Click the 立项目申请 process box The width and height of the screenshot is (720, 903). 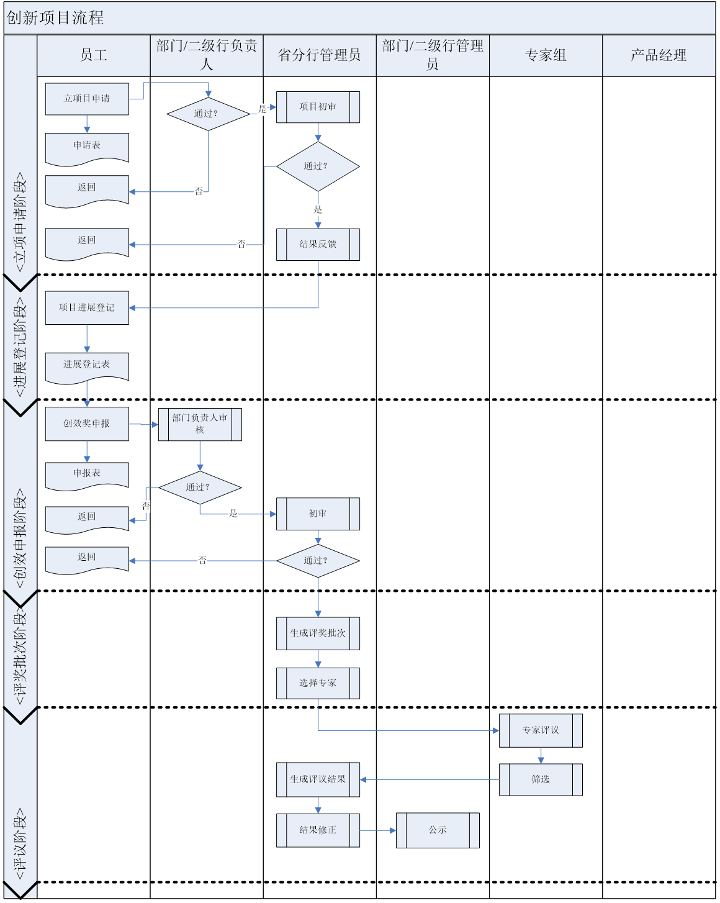coord(87,99)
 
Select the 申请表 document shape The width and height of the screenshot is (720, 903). coord(87,147)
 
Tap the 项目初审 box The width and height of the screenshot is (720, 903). coord(318,107)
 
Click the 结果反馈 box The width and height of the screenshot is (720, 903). coord(318,245)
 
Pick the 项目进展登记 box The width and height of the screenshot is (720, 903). coord(87,307)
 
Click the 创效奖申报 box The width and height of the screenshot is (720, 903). coord(87,424)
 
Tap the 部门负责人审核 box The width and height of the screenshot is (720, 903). coord(200,424)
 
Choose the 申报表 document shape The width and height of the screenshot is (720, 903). coord(87,474)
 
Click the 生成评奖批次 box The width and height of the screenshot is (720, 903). coord(318,633)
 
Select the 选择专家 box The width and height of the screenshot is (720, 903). coord(318,683)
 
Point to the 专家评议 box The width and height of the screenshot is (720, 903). coord(541,730)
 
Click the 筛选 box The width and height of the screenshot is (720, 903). coord(541,779)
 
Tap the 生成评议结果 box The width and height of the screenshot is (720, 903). coord(318,779)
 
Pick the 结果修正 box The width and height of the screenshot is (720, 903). coord(318,830)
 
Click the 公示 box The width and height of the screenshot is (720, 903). coord(438,830)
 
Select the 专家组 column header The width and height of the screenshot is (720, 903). coord(546,55)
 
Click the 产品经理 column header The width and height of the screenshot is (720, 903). coord(659,55)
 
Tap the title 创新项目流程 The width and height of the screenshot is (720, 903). coord(55,18)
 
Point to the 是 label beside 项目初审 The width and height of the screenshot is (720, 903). coord(262,109)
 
